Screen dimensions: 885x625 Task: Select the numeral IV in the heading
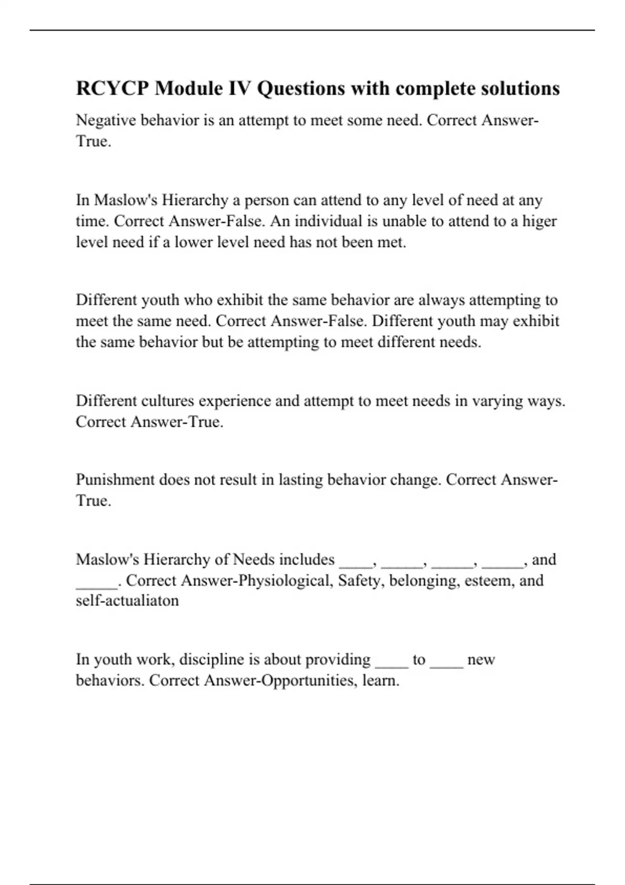point(239,88)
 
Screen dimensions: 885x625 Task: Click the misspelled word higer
point(540,221)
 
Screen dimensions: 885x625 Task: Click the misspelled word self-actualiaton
point(127,601)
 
